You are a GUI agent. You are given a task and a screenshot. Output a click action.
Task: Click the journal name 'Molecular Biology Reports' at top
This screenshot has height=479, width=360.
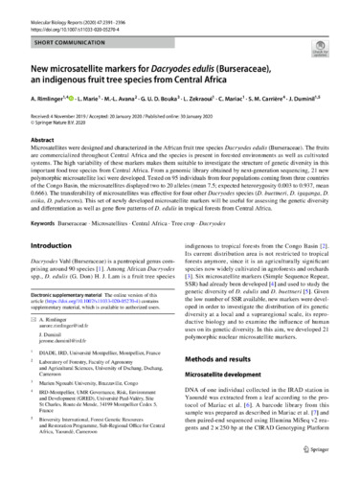pyautogui.click(x=57, y=7)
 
